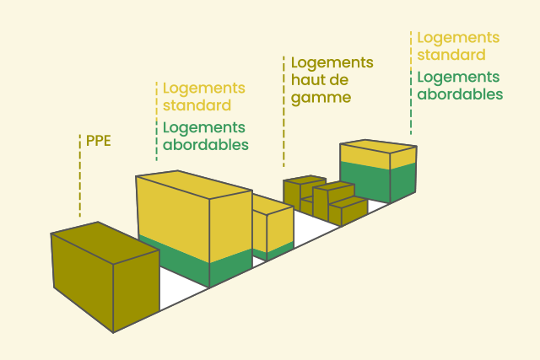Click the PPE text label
click(99, 141)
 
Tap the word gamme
click(321, 98)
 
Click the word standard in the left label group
click(197, 105)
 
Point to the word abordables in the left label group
click(206, 144)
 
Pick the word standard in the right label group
click(451, 55)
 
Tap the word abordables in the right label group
click(460, 94)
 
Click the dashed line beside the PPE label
click(80, 175)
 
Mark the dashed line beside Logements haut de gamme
click(283, 111)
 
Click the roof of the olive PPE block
click(105, 243)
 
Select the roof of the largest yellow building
click(194, 184)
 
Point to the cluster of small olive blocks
click(326, 201)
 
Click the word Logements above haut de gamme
click(332, 63)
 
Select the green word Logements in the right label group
click(458, 78)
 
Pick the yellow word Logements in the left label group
click(204, 89)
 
